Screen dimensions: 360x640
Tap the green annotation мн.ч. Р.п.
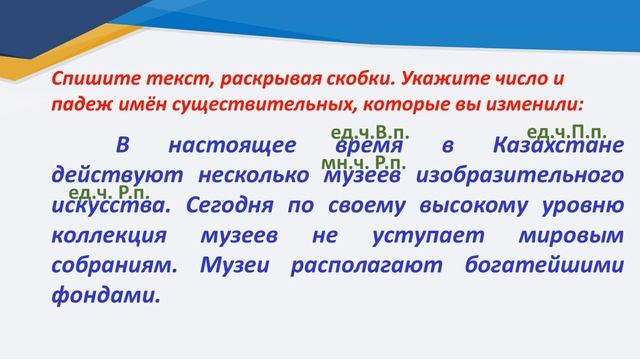pyautogui.click(x=364, y=161)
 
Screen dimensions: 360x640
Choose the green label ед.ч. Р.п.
pyautogui.click(x=110, y=191)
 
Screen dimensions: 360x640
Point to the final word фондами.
pyautogui.click(x=103, y=297)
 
